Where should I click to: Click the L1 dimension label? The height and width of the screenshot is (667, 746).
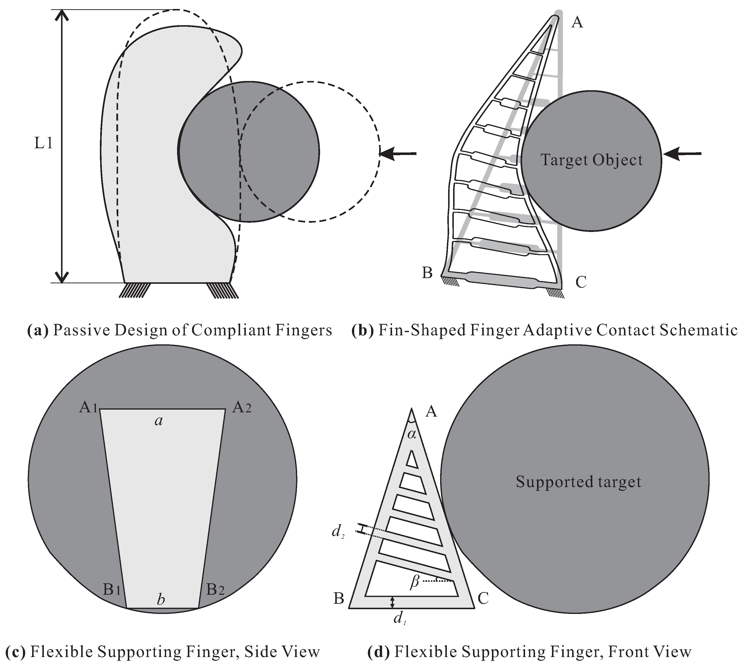(44, 144)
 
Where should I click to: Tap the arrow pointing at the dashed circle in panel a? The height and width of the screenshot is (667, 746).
(398, 153)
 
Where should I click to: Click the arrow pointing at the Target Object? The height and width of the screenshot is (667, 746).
(682, 154)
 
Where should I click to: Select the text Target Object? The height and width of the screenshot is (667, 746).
(591, 160)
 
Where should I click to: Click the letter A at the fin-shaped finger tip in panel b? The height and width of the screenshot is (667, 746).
(577, 23)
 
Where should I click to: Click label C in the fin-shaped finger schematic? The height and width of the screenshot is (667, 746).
(581, 283)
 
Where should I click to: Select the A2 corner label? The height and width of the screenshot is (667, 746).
(242, 408)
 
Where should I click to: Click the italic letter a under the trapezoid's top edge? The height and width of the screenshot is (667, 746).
(158, 421)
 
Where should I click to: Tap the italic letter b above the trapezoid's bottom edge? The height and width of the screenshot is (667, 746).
(160, 600)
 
